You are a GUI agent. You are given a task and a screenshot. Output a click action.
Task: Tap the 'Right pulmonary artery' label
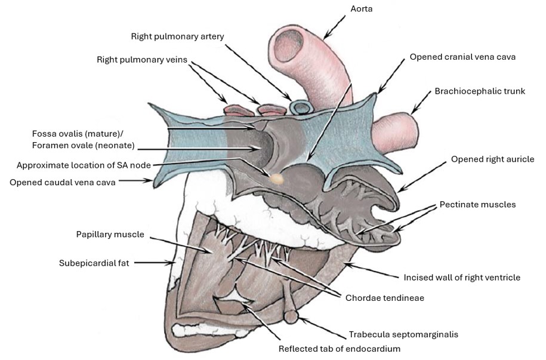178,36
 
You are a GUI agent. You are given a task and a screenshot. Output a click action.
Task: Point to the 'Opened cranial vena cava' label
462,57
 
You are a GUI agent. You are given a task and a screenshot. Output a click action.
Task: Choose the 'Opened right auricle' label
493,159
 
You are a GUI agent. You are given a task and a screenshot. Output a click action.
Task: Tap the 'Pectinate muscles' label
477,204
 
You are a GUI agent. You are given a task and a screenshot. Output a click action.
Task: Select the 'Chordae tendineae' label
384,297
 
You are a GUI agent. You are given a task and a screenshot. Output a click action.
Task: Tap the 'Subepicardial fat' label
94,262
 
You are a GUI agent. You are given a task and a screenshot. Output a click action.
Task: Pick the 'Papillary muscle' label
110,235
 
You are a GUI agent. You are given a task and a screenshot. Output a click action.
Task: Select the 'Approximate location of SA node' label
84,165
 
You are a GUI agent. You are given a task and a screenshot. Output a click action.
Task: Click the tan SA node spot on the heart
277,178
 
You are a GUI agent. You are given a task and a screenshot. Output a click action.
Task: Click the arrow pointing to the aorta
336,27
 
